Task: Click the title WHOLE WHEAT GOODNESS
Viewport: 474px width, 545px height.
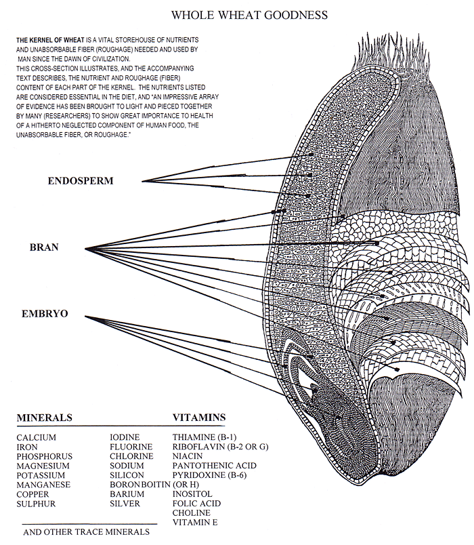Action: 250,14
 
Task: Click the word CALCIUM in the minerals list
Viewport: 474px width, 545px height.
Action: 36,437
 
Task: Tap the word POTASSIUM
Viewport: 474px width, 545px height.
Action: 41,476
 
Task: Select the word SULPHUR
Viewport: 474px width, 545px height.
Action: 36,504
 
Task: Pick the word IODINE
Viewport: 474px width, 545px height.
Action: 125,437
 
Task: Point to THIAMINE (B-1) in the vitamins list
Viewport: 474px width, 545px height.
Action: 204,437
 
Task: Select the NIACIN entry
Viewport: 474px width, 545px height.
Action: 188,456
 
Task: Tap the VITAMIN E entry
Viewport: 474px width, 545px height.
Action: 196,523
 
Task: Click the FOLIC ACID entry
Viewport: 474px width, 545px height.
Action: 196,504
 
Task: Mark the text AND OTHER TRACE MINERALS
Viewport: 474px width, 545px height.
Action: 87,532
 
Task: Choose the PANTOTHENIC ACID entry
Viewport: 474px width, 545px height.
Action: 212,466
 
